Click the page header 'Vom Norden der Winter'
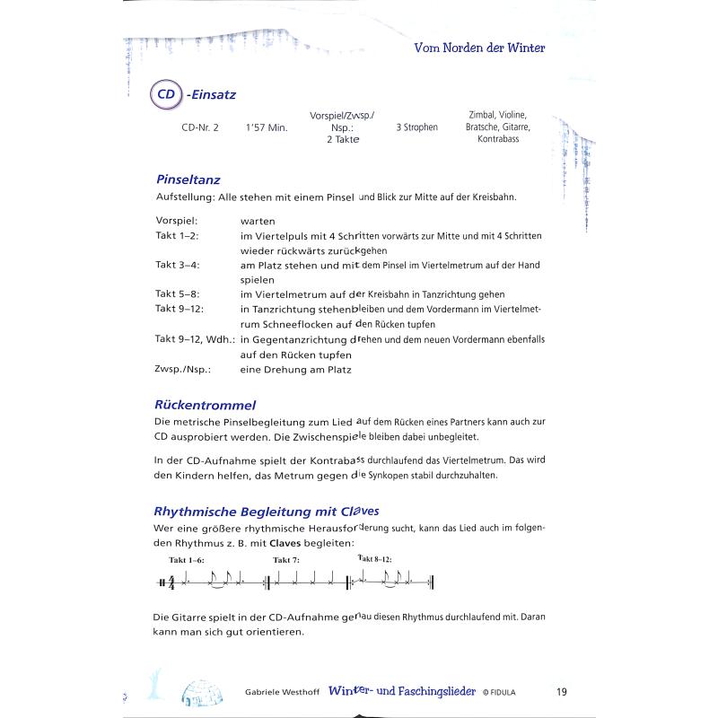tap(479, 48)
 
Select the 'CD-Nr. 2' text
tap(199, 127)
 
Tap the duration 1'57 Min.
tap(266, 127)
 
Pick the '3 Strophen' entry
tap(416, 127)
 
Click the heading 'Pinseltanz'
tap(188, 179)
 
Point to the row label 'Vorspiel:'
tap(182, 220)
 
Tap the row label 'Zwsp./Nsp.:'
tap(185, 369)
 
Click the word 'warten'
tap(258, 220)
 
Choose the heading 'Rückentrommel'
tap(206, 405)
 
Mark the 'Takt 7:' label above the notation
tap(286, 560)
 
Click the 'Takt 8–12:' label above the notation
tap(375, 559)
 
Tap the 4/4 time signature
tap(171, 584)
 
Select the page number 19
tap(561, 691)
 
